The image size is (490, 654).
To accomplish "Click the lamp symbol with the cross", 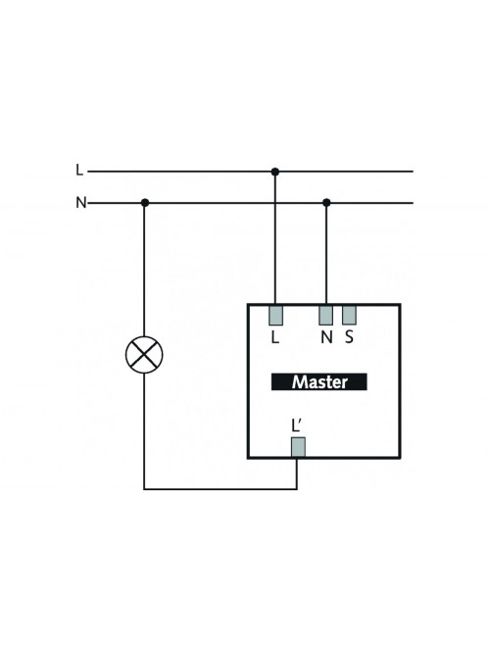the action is [144, 355].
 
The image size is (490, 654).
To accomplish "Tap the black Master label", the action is [319, 381].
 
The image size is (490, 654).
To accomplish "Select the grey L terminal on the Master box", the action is [275, 316].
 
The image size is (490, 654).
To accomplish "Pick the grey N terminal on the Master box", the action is [325, 316].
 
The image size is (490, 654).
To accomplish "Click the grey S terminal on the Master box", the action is [349, 316].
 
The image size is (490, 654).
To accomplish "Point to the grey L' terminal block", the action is [298, 447].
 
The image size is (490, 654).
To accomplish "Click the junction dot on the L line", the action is [274, 172].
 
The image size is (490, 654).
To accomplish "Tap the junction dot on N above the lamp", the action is [145, 203].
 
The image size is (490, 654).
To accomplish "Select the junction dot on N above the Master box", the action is [326, 203].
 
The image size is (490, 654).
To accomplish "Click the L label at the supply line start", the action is [79, 171].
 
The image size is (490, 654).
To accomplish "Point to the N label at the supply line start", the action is [81, 203].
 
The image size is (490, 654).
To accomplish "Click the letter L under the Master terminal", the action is [274, 337].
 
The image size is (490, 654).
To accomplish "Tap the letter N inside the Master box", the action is [326, 337].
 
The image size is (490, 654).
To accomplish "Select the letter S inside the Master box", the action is [349, 337].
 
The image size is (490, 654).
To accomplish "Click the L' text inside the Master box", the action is [296, 427].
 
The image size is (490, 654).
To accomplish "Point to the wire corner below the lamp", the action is [144, 489].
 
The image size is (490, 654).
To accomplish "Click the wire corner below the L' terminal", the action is [297, 489].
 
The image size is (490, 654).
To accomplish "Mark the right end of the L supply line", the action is [413, 172].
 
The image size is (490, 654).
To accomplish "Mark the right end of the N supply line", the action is [413, 203].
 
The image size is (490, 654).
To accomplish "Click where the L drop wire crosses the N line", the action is [274, 203].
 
